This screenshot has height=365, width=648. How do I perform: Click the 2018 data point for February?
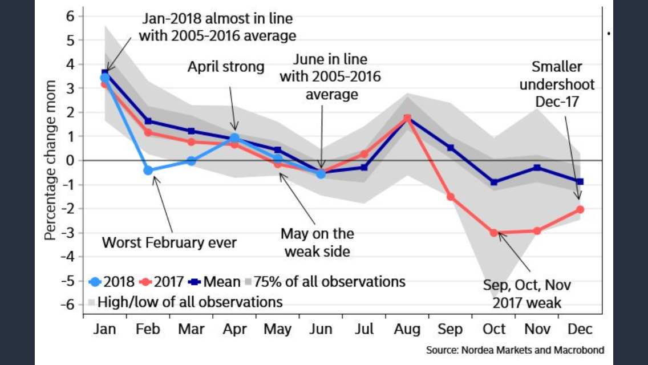click(148, 170)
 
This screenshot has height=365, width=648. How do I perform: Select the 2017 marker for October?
click(494, 233)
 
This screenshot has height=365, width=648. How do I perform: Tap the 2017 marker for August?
click(407, 118)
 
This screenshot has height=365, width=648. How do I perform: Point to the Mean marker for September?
click(451, 148)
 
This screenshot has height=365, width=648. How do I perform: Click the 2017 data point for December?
click(580, 209)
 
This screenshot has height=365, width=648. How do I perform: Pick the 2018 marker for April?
click(234, 137)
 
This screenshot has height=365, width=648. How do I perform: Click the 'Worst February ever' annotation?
click(169, 242)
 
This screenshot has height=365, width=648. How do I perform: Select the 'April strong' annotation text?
click(226, 67)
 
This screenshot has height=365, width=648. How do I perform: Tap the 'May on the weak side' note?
click(317, 242)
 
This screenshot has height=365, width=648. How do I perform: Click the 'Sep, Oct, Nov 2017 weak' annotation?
click(526, 293)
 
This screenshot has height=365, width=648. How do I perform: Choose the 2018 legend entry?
click(112, 281)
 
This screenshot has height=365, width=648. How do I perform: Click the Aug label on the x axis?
click(407, 329)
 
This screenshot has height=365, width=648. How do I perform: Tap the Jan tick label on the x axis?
click(105, 329)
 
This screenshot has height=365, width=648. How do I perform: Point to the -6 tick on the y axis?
click(71, 305)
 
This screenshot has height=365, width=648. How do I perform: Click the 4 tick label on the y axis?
click(71, 64)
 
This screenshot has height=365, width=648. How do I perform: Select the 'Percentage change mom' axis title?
click(51, 160)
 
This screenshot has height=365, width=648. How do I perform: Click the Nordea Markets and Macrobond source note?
click(515, 349)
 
